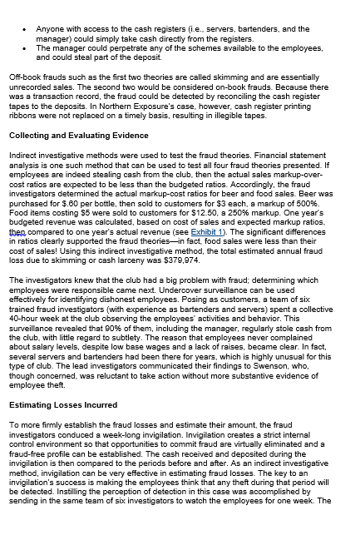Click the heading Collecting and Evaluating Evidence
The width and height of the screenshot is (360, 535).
[78, 136]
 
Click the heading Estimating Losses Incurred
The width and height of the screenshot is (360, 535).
[63, 405]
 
